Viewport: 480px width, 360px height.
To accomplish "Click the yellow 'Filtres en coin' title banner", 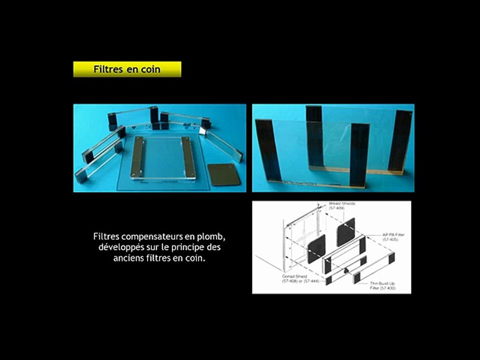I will pos(127,69).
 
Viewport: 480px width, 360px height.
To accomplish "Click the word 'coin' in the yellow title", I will pos(150,69).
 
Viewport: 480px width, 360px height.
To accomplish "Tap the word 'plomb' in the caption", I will pos(218,236).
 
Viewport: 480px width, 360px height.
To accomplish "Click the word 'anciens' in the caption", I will pos(129,259).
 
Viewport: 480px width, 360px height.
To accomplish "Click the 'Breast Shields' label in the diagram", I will pos(342,204).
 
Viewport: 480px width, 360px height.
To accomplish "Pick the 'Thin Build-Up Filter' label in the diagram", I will pos(382,285).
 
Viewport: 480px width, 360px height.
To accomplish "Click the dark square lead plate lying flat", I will pos(222,174).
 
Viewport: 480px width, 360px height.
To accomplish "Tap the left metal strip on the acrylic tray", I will pos(136,157).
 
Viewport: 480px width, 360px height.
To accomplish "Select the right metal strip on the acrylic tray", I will pos(186,157).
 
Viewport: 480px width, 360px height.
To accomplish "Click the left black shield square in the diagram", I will pos(315,248).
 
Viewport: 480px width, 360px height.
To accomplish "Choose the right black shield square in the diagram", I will pos(345,232).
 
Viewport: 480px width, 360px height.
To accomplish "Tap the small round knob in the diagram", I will pos(345,269).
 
